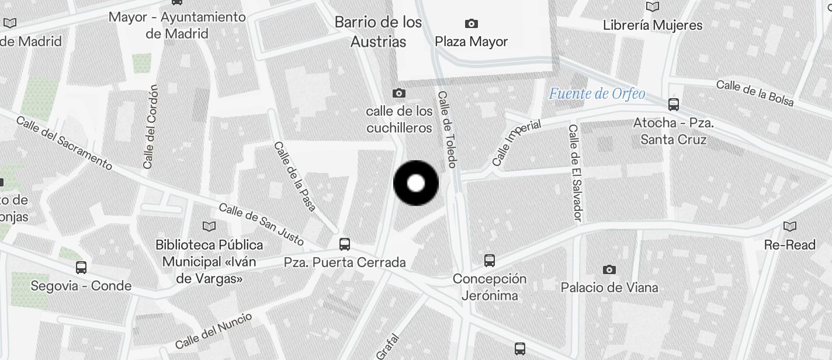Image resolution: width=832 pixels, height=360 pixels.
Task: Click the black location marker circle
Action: (x=416, y=184)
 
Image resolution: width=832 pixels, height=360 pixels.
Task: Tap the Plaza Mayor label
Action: (x=471, y=41)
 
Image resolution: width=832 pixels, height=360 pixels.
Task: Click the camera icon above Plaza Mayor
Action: (x=471, y=24)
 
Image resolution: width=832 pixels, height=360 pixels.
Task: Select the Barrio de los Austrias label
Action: (x=379, y=32)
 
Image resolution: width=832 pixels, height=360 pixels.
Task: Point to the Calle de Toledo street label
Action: (x=447, y=129)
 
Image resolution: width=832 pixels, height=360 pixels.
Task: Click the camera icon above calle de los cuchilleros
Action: (x=399, y=94)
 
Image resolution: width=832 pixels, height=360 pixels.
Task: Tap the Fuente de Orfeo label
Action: (x=597, y=94)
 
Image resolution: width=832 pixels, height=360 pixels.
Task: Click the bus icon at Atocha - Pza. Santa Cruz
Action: (x=674, y=105)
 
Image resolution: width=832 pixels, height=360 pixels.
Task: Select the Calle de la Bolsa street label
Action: (x=755, y=94)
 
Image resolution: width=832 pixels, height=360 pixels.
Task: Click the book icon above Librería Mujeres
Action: (x=653, y=7)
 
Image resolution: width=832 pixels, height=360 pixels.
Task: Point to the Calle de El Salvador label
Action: (x=576, y=172)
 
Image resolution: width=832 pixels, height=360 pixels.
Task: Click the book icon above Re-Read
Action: (x=790, y=227)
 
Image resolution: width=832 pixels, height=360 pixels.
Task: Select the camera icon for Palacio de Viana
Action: (x=609, y=270)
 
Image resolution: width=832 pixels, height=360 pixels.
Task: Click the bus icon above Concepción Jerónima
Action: (x=490, y=261)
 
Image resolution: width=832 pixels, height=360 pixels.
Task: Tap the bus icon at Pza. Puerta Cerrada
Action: (x=345, y=244)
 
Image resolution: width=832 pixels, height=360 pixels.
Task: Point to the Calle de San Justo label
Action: (x=261, y=224)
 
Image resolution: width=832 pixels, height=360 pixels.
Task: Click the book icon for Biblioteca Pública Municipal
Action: (x=209, y=226)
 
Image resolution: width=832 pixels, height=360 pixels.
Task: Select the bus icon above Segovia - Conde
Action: (x=81, y=268)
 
